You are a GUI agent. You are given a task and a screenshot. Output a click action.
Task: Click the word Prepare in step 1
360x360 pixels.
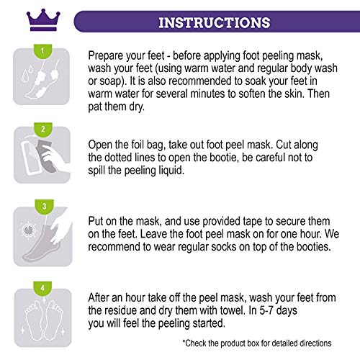point(109,57)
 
